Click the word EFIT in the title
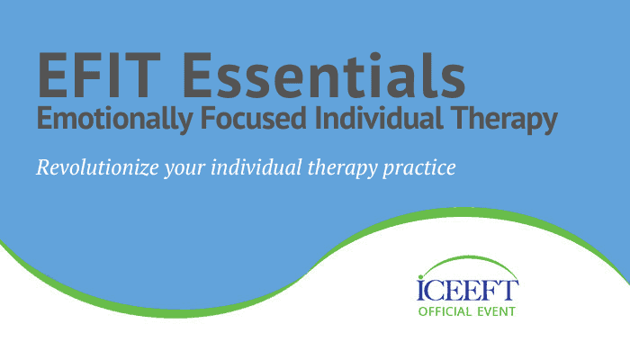click(x=99, y=75)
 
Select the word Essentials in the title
click(x=324, y=75)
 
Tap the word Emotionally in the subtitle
click(x=114, y=120)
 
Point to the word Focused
click(x=254, y=118)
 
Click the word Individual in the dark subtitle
click(x=379, y=118)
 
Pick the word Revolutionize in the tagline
click(x=97, y=167)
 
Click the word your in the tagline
click(x=184, y=170)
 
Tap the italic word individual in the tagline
click(x=256, y=167)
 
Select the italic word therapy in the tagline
click(x=342, y=169)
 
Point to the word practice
click(x=419, y=169)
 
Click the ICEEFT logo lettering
click(x=468, y=290)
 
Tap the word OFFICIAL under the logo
click(x=445, y=311)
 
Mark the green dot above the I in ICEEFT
click(x=420, y=277)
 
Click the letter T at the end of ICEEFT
click(x=509, y=290)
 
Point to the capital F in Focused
click(x=209, y=118)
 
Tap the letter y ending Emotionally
click(x=184, y=122)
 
